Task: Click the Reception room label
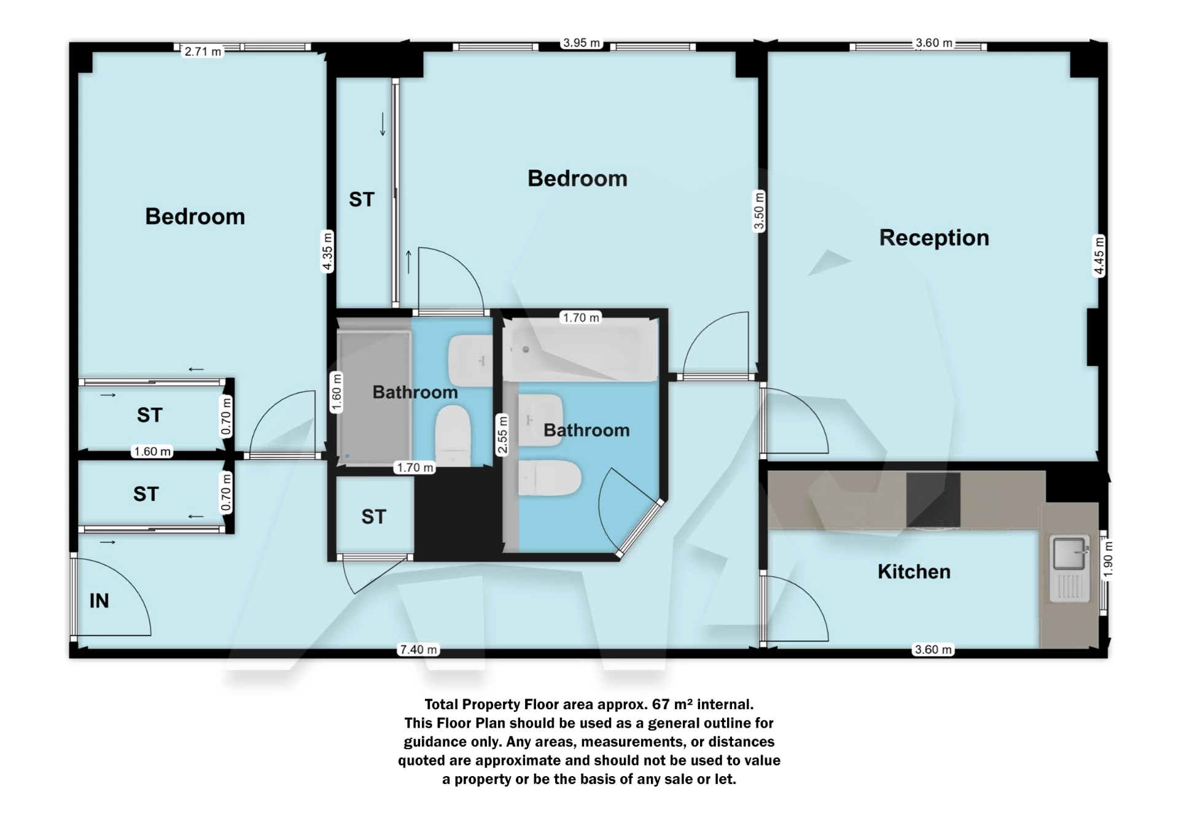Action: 933,238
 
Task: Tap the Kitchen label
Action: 914,572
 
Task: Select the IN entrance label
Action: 99,600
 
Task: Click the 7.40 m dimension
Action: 419,650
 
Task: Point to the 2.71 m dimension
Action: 203,52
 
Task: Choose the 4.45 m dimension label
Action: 1099,255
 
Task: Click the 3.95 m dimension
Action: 581,43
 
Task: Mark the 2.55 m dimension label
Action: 502,435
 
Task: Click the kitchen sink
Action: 1069,554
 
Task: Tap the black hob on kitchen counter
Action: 933,500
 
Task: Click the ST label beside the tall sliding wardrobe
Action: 362,200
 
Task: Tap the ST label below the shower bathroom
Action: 373,517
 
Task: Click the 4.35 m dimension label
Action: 327,251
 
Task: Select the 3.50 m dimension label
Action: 759,211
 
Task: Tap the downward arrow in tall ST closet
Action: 383,124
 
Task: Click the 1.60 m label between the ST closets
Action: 152,452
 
